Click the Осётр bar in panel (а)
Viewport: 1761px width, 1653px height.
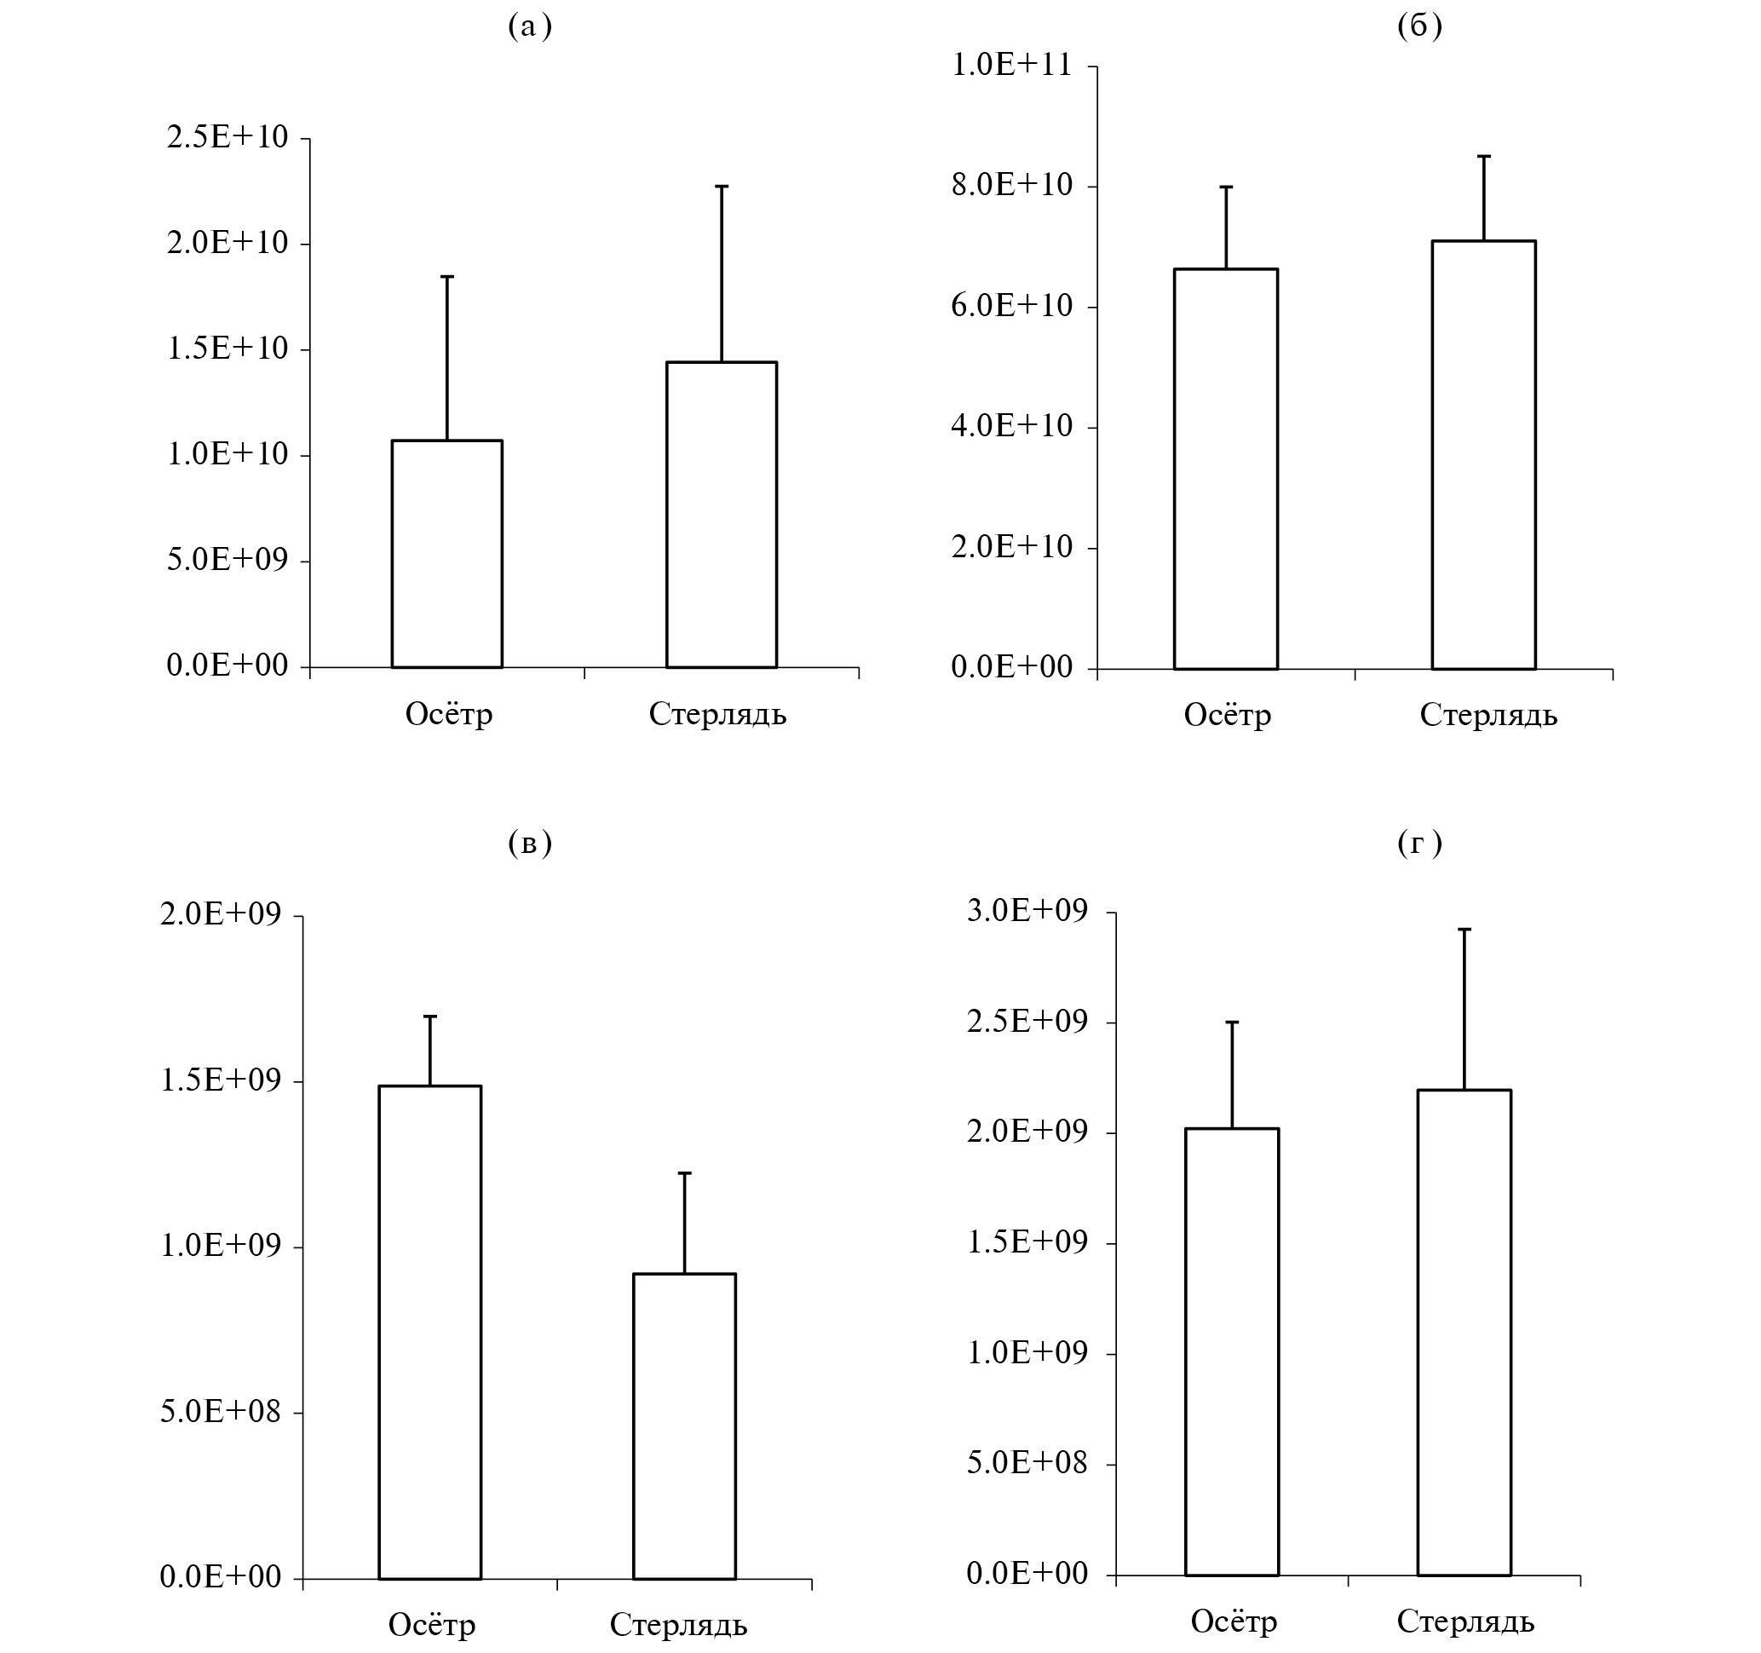point(446,554)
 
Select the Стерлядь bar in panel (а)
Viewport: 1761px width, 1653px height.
point(721,515)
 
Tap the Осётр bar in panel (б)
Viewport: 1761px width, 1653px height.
point(1226,469)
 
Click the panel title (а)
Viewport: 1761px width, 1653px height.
point(530,26)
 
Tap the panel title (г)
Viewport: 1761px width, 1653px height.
point(1419,843)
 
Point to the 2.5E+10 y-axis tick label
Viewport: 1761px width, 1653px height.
point(227,137)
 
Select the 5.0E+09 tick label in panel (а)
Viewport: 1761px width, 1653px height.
point(227,560)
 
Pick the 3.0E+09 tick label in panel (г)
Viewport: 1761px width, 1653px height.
point(1027,910)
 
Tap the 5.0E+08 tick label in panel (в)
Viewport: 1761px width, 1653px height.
point(221,1411)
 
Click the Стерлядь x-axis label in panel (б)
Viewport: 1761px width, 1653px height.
point(1488,715)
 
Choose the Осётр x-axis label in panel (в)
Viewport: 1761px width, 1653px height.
point(432,1625)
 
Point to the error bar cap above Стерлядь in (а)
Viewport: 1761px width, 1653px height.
point(721,186)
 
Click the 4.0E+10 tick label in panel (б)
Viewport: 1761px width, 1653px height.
point(1011,426)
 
